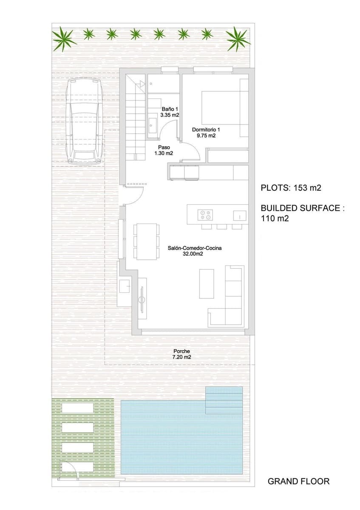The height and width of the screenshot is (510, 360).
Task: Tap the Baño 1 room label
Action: [169, 112]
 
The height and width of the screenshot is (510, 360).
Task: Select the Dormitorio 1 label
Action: [206, 133]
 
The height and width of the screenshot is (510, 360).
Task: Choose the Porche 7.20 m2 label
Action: [181, 354]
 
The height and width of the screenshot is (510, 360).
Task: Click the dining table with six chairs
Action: [147, 241]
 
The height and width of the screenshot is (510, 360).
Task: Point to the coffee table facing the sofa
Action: [207, 283]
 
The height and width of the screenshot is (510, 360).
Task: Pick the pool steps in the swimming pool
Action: [224, 400]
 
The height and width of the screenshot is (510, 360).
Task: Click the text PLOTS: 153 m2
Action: [293, 187]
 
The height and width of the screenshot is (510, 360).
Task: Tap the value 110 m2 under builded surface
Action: [275, 219]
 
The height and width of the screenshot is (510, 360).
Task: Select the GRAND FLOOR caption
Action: [298, 482]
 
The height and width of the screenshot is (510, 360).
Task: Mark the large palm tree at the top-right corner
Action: [238, 38]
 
